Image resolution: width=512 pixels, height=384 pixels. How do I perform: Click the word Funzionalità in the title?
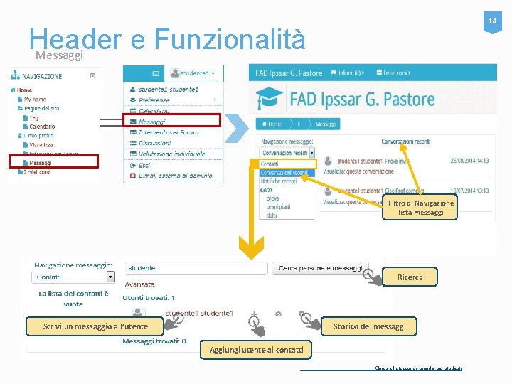pos(228,40)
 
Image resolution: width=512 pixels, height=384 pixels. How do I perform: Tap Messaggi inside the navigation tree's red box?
pos(41,163)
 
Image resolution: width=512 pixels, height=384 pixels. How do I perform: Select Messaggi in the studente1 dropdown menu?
pos(153,122)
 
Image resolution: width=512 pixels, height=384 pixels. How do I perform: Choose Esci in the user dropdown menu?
pos(144,164)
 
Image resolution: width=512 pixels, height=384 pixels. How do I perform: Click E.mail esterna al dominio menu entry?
pos(175,175)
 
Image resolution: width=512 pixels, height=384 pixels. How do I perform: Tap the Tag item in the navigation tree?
pos(34,117)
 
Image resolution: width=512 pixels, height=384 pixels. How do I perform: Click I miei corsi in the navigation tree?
pos(37,171)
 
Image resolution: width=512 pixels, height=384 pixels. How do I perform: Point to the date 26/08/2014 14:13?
pos(469,161)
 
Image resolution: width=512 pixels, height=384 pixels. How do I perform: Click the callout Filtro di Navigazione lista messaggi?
pos(420,208)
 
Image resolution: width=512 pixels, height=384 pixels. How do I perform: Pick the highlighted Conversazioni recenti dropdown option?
pos(284,173)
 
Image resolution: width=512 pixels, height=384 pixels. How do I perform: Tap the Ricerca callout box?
pos(410,277)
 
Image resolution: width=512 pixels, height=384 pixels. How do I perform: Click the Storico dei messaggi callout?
pos(370,326)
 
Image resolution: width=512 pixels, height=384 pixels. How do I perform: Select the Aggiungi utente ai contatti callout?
pos(256,349)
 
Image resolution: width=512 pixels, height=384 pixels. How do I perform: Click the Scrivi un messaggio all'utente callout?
pos(95,326)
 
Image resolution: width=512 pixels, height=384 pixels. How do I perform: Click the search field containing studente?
pos(196,268)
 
